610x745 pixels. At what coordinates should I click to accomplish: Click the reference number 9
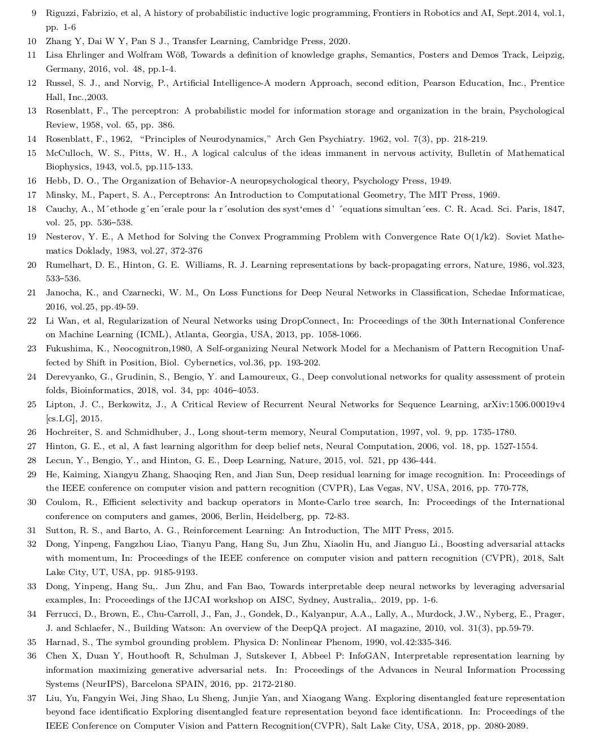coord(34,13)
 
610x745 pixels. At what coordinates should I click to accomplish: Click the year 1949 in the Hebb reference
coord(441,181)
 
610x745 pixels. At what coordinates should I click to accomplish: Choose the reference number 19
coord(32,237)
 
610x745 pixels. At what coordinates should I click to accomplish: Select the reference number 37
coord(32,698)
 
